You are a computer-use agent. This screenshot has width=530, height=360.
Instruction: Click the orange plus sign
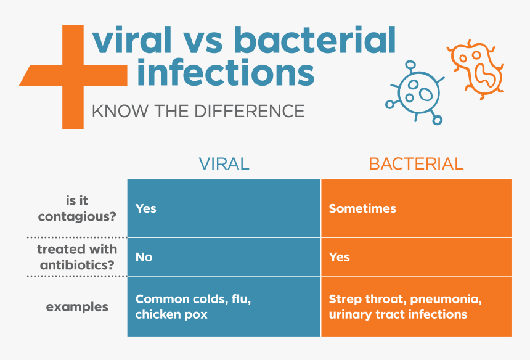(x=73, y=76)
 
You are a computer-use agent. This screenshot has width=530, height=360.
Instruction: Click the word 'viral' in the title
(x=130, y=41)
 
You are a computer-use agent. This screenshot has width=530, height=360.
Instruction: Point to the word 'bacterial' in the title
(x=315, y=41)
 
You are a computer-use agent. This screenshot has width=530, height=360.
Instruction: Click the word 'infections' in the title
(x=225, y=73)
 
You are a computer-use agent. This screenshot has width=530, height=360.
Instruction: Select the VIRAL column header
(x=224, y=164)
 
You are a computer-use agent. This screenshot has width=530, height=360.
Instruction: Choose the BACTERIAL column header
(x=416, y=164)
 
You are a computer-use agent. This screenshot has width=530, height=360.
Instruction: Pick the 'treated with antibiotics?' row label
(x=77, y=256)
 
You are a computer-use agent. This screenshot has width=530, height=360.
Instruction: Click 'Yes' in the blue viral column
(x=146, y=208)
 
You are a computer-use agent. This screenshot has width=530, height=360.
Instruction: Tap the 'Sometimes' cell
(x=362, y=208)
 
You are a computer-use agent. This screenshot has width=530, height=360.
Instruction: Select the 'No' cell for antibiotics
(x=144, y=256)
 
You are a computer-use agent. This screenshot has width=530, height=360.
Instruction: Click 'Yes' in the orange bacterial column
(x=339, y=256)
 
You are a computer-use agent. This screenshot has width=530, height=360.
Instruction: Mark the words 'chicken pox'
(x=171, y=314)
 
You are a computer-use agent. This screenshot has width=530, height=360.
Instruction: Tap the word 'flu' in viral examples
(x=240, y=300)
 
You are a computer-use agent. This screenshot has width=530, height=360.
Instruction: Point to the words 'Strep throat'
(x=363, y=300)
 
